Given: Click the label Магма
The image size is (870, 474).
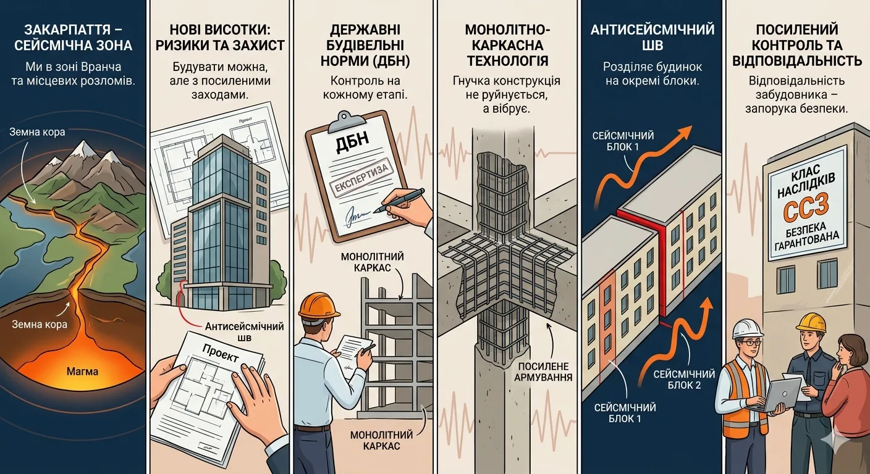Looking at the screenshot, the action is [82, 372].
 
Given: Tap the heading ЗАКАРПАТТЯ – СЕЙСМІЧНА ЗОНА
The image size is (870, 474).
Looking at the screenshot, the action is [74, 38].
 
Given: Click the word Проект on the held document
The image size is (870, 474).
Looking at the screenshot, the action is [220, 352].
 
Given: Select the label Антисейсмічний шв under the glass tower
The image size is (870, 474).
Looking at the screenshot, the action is [244, 331].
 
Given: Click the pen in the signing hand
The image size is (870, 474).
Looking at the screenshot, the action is [399, 201].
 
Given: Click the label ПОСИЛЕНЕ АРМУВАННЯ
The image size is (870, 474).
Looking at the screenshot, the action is [543, 372].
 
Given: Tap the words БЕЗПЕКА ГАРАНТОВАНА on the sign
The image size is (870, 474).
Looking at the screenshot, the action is [806, 236].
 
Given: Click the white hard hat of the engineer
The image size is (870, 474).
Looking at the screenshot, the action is [748, 329].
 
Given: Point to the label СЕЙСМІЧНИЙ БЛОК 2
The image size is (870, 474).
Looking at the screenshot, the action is [684, 380].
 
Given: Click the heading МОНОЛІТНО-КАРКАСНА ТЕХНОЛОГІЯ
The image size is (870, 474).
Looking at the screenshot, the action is [507, 46].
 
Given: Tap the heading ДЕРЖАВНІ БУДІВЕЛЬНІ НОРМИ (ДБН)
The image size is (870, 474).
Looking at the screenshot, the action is [365, 46].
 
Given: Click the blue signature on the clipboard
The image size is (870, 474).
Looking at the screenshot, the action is [358, 218].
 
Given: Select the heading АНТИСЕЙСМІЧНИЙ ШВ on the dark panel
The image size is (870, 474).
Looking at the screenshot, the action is [652, 38].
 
